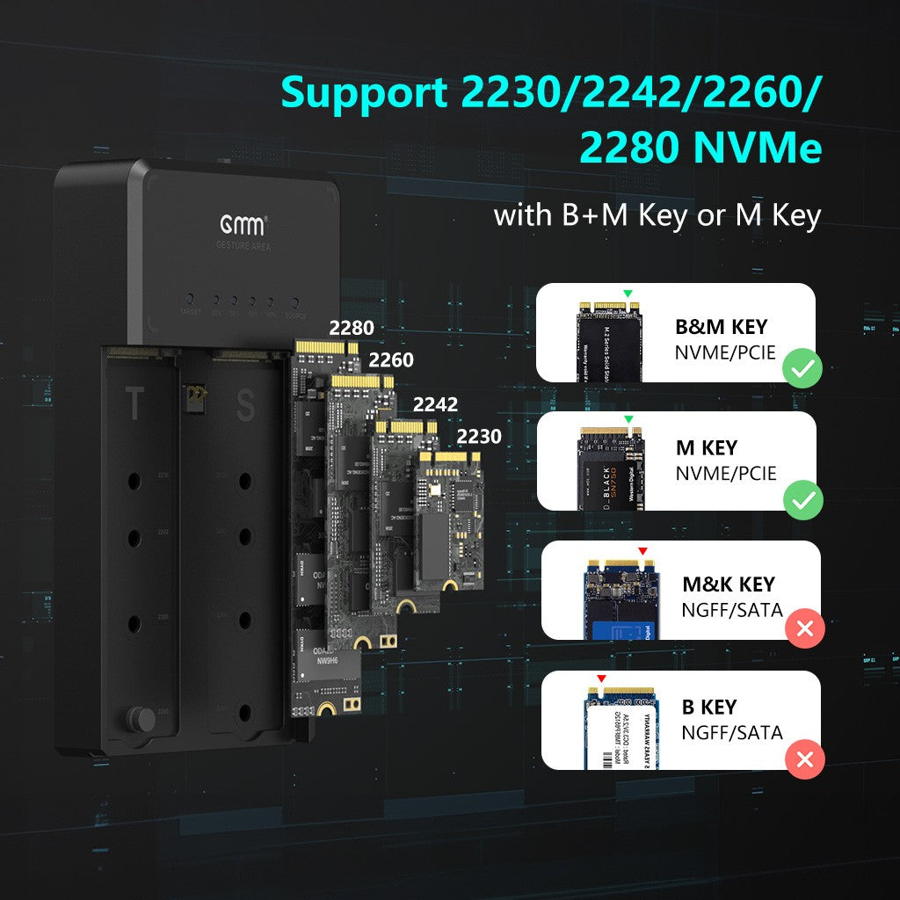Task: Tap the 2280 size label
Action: tap(352, 329)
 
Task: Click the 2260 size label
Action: tap(391, 360)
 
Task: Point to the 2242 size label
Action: tap(436, 404)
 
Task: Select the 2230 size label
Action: tap(479, 436)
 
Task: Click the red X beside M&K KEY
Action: tap(804, 628)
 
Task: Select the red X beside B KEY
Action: tap(804, 758)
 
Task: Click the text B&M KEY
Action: tap(721, 328)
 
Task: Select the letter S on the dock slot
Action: tap(245, 406)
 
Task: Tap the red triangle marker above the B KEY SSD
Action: tap(601, 679)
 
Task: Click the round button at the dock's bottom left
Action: tap(140, 719)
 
